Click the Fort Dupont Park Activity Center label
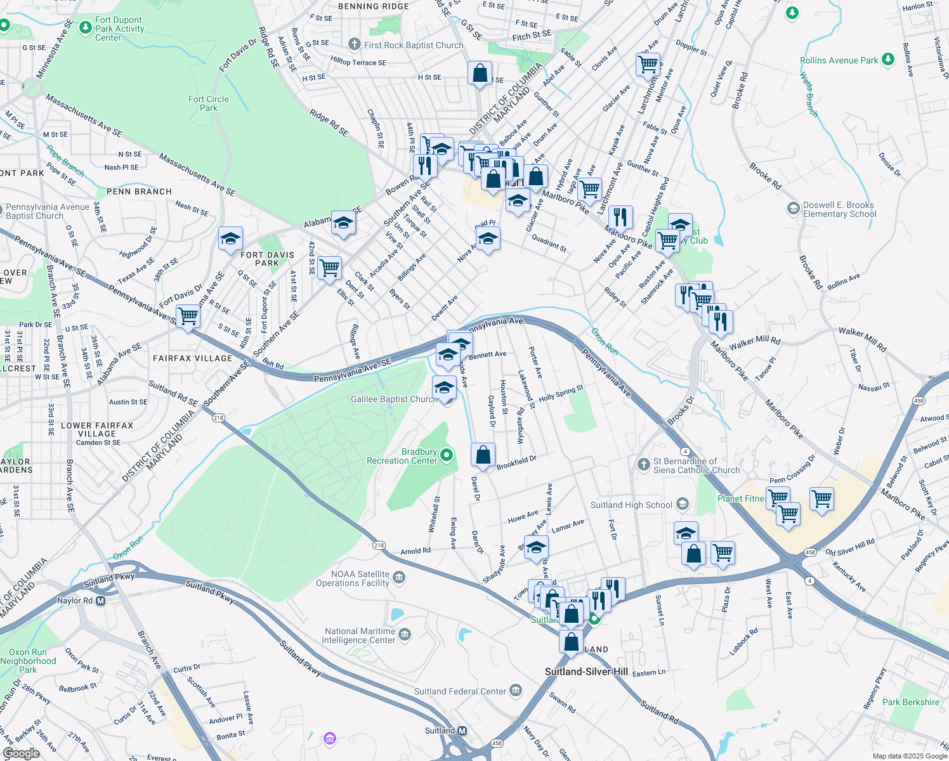[119, 29]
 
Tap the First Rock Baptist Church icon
[354, 44]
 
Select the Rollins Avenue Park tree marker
[888, 60]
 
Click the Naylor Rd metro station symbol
[100, 601]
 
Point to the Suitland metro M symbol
[462, 731]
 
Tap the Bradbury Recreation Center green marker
[447, 455]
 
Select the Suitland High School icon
[683, 504]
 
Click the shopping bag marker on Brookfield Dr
[483, 455]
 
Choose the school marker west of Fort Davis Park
[230, 238]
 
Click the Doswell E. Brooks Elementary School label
[839, 210]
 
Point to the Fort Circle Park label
[208, 103]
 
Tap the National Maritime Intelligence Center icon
[405, 634]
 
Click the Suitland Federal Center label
[460, 691]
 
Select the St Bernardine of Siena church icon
[644, 464]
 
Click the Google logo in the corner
[21, 753]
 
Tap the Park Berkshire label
[910, 702]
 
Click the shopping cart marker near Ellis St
[329, 268]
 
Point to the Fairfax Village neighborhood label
[193, 358]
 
